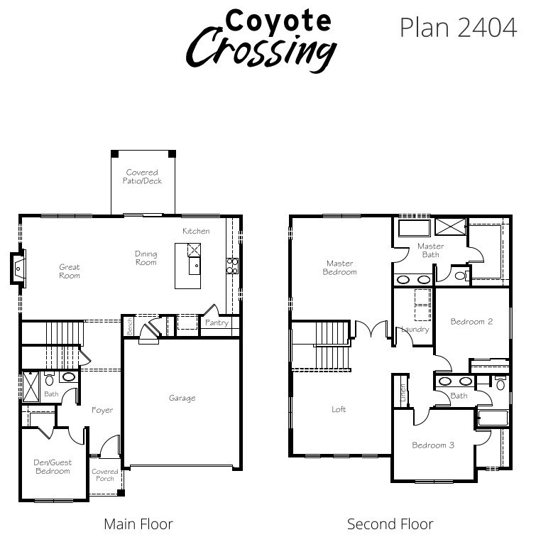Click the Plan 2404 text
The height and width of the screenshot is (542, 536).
[x=459, y=28]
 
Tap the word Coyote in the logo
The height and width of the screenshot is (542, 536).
[x=278, y=21]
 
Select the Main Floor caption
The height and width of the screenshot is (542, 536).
[x=138, y=524]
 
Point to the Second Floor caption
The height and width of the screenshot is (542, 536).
[x=390, y=524]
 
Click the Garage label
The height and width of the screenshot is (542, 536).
[x=182, y=399]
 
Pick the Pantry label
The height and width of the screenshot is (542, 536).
[x=217, y=323]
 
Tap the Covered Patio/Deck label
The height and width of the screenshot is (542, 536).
[x=142, y=177]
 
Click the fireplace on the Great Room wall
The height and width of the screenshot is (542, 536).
[x=18, y=269]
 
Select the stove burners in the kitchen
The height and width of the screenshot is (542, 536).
[x=232, y=266]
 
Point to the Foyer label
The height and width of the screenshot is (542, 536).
[x=102, y=410]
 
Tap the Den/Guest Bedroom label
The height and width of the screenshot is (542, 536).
[x=53, y=467]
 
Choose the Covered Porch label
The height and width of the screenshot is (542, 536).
[x=105, y=475]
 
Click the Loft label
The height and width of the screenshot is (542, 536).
[x=339, y=410]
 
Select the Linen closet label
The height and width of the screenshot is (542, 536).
[x=403, y=393]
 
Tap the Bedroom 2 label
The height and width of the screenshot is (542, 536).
[x=471, y=322]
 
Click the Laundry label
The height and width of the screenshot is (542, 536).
[x=415, y=330]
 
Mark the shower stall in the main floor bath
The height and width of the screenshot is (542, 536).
[x=31, y=387]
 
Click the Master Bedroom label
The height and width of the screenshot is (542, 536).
[x=339, y=268]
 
